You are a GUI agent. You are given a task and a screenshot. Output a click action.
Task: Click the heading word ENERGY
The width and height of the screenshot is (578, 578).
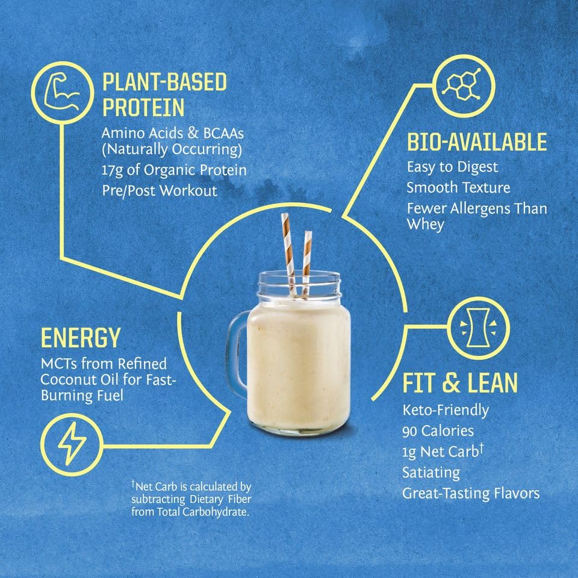(80, 338)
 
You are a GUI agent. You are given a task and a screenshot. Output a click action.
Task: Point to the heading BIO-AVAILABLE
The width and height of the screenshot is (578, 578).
(476, 143)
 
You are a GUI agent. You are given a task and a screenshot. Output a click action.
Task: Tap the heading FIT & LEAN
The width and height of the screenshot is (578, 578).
(460, 384)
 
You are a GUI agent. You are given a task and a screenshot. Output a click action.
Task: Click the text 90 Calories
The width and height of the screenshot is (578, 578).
(438, 431)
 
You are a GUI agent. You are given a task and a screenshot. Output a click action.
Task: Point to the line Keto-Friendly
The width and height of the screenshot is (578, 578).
(446, 411)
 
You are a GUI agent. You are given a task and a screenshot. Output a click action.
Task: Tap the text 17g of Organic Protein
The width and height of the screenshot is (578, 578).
(174, 170)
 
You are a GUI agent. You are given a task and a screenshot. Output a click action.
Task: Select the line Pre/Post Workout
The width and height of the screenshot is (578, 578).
(159, 191)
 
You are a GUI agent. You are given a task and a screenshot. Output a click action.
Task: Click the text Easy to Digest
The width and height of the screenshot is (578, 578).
(452, 167)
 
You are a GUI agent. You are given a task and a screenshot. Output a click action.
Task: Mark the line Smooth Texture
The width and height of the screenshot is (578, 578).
(458, 187)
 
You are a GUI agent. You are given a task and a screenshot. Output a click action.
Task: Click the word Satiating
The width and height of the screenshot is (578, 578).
(431, 473)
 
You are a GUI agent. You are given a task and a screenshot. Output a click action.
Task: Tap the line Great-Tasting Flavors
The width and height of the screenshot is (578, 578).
(471, 493)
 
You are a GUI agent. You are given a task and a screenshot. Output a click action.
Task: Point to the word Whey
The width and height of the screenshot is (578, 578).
(425, 224)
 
